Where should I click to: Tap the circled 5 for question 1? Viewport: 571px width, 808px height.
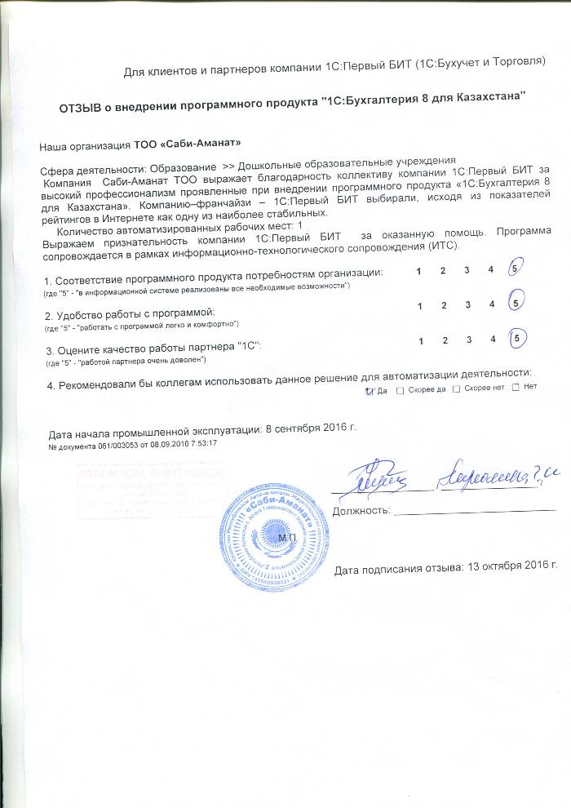(515, 269)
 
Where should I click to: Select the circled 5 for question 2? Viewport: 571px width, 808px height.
(516, 303)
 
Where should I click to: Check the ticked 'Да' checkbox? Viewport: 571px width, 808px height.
(369, 390)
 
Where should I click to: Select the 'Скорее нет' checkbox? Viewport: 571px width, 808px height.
(456, 390)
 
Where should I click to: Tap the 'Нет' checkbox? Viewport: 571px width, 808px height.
(515, 390)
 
